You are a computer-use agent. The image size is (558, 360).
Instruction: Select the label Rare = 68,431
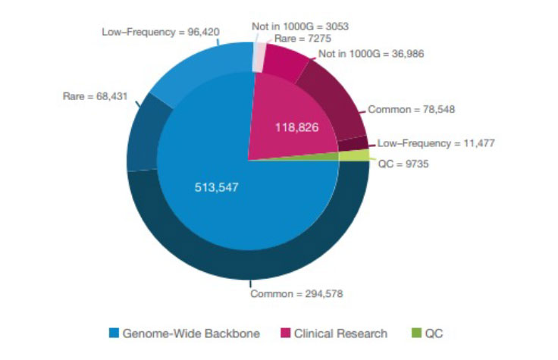[x=96, y=96]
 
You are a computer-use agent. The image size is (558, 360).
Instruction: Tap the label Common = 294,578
[x=297, y=293]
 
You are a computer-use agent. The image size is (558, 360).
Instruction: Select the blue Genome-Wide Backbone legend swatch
[x=114, y=333]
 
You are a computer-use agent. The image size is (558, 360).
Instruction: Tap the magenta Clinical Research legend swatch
[x=285, y=333]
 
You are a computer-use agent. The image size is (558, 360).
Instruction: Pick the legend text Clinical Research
[x=340, y=333]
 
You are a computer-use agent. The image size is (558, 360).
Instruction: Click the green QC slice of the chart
[x=353, y=155]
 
